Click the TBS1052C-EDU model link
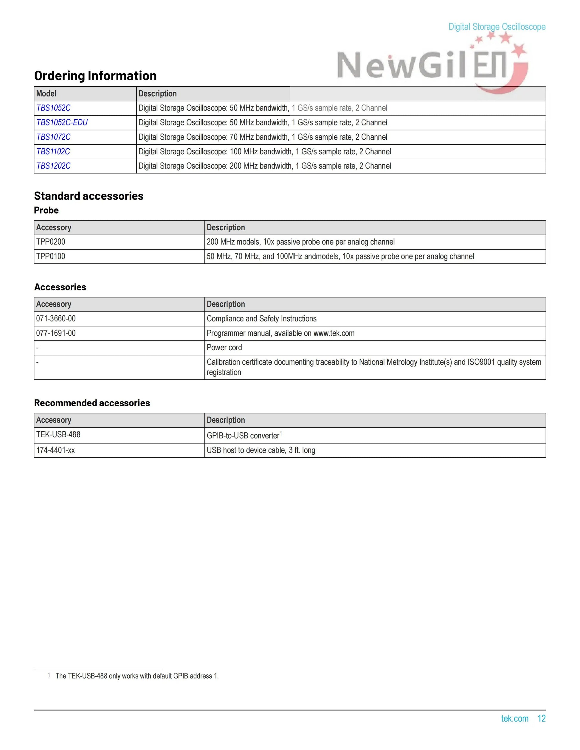[x=62, y=123]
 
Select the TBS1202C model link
[x=53, y=166]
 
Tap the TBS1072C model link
[x=53, y=137]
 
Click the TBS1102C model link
[x=53, y=151]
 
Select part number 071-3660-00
[x=56, y=319]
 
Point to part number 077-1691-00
[x=56, y=333]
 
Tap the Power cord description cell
[x=224, y=348]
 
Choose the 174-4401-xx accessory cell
[x=55, y=450]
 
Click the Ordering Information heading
[x=95, y=76]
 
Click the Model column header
[x=46, y=94]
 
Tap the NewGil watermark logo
[x=429, y=65]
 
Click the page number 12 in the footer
[x=542, y=718]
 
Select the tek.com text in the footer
[x=514, y=718]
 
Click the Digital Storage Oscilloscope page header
[x=497, y=27]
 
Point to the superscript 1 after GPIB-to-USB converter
[x=281, y=433]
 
